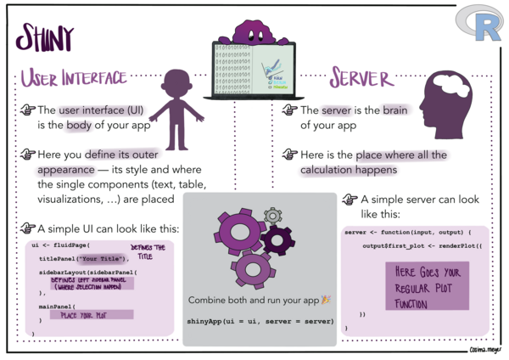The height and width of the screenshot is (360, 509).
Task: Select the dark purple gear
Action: (x=276, y=241)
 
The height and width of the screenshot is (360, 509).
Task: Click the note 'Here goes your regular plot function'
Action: (x=427, y=285)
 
